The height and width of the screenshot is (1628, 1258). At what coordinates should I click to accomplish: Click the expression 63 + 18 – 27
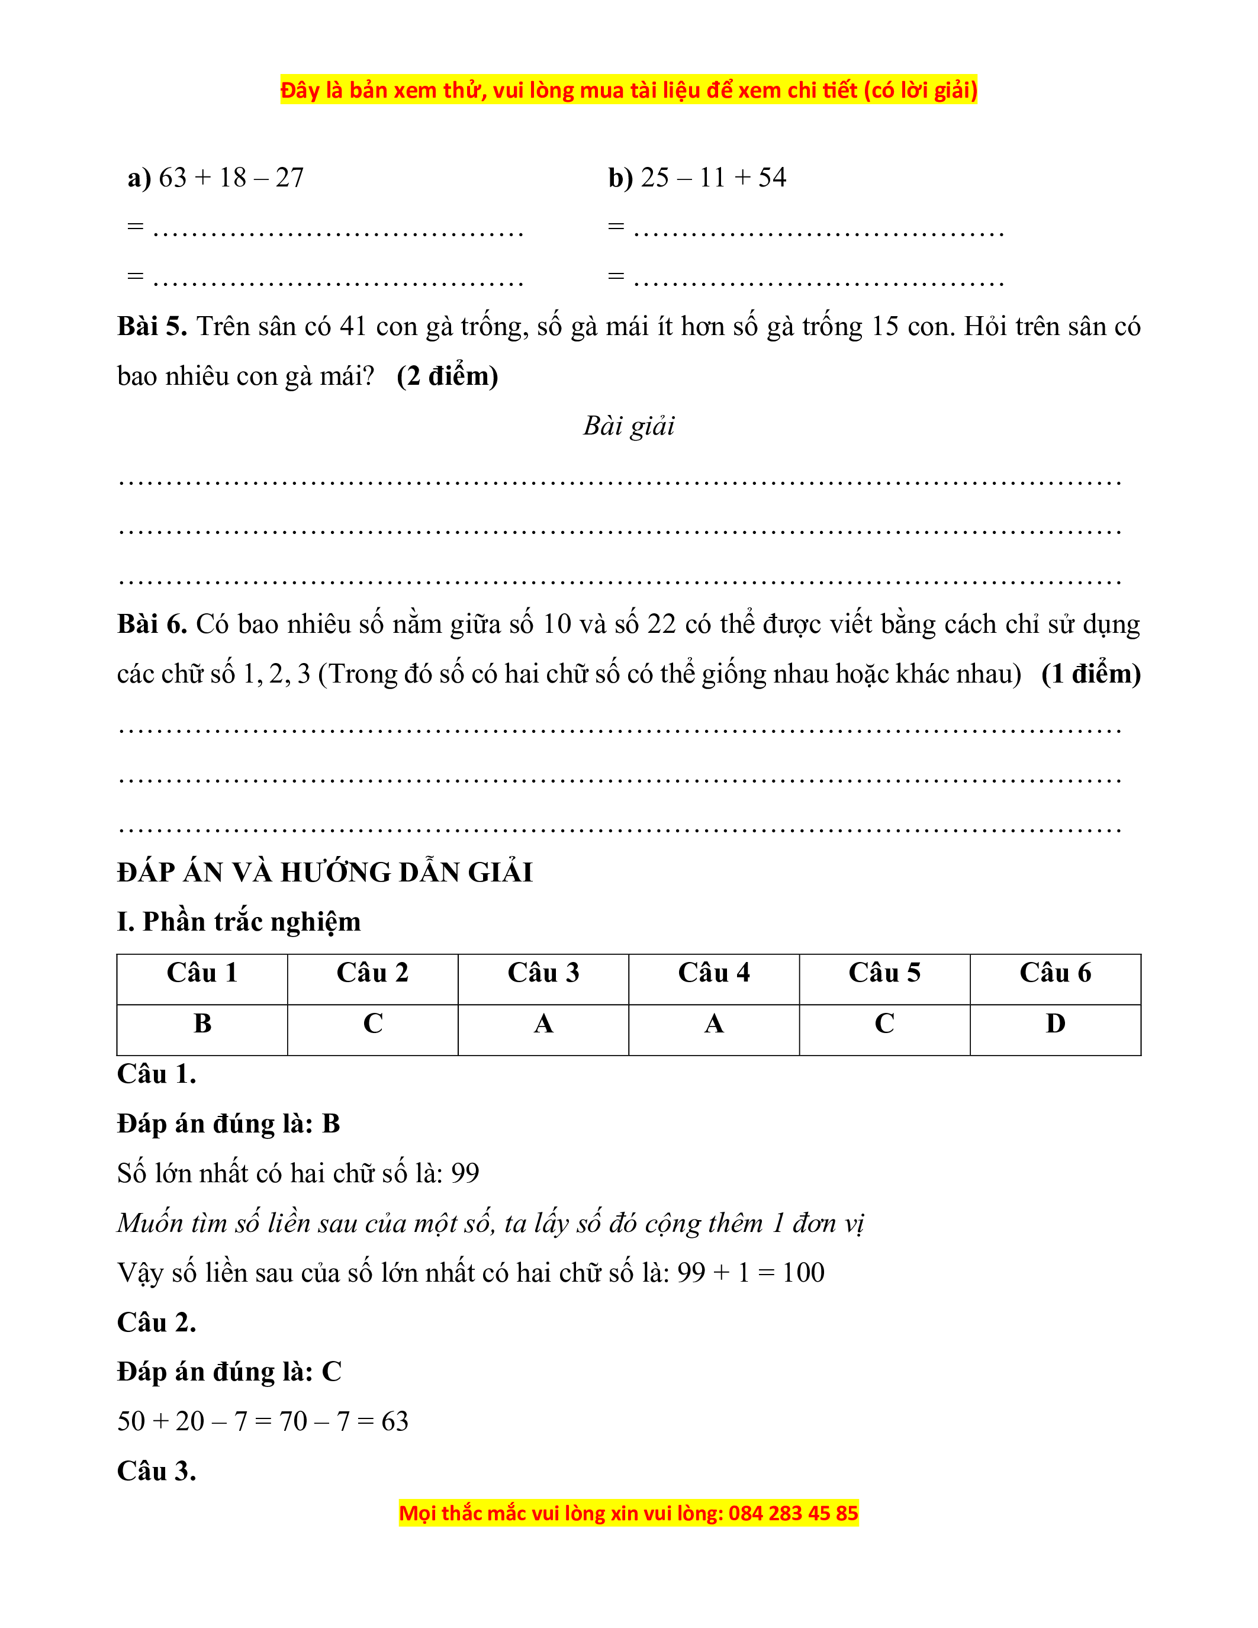point(231,178)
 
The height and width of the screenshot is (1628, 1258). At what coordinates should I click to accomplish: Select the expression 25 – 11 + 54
point(713,178)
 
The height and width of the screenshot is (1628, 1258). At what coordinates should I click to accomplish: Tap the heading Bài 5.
point(152,327)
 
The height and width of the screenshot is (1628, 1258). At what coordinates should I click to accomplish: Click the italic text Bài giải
point(628,426)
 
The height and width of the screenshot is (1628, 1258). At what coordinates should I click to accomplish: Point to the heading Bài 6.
point(152,624)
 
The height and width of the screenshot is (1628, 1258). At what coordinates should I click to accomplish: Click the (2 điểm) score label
point(447,376)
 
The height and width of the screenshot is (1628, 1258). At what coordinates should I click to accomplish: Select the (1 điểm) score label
point(1090,674)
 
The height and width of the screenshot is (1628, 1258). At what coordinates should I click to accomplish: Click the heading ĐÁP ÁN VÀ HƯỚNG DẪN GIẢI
point(325,872)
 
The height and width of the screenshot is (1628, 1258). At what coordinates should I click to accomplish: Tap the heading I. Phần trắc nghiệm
point(239,922)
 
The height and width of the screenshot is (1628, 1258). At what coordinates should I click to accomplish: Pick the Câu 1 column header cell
point(202,973)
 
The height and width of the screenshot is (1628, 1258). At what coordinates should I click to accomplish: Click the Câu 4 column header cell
point(713,973)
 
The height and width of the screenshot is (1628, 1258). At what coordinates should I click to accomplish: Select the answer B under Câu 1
point(202,1024)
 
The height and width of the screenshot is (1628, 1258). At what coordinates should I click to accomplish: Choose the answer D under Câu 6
point(1056,1024)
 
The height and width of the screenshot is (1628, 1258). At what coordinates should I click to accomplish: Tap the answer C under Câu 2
point(372,1024)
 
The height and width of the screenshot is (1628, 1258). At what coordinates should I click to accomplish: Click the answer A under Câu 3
point(543,1024)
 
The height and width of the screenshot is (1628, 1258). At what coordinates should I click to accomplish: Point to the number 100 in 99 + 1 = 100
point(803,1272)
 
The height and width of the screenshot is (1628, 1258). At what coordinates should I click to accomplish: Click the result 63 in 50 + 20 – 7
point(395,1421)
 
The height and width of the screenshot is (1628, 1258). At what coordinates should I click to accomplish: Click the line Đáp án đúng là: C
point(229,1372)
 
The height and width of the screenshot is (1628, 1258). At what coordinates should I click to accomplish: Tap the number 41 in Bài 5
point(353,327)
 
